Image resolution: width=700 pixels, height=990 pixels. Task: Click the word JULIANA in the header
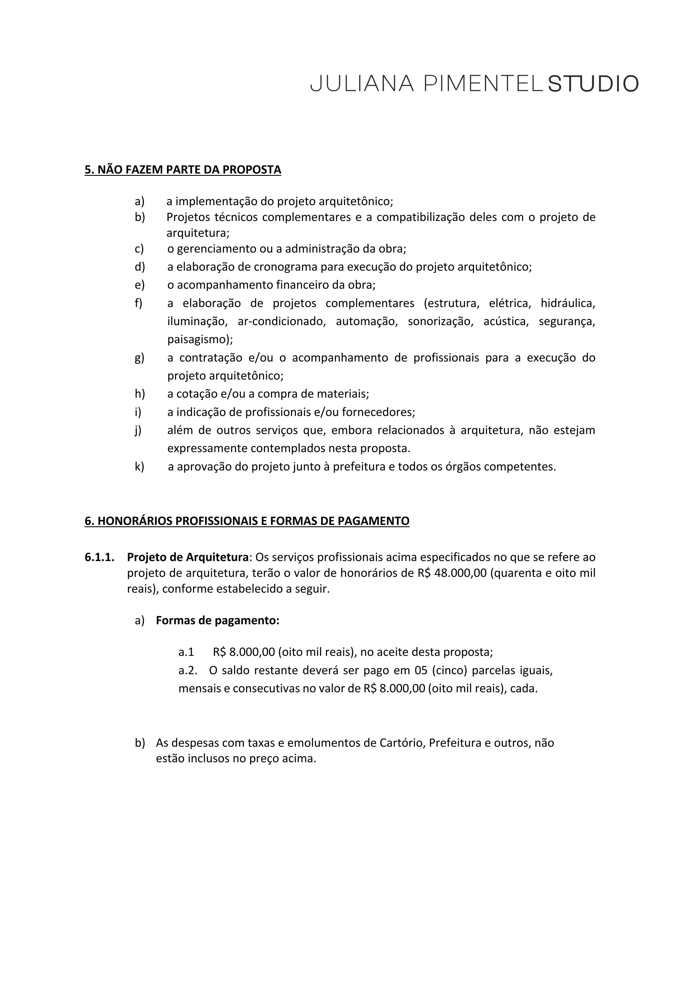362,84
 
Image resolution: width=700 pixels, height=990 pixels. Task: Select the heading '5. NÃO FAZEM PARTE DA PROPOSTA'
183,170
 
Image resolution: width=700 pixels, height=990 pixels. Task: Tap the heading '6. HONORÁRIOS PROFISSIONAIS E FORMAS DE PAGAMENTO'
247,521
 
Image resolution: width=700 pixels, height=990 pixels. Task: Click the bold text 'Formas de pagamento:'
218,621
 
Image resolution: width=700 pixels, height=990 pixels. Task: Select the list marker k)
139,466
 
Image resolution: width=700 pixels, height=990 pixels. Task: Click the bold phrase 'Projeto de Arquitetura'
188,557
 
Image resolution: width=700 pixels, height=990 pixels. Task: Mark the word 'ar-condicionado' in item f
282,321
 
